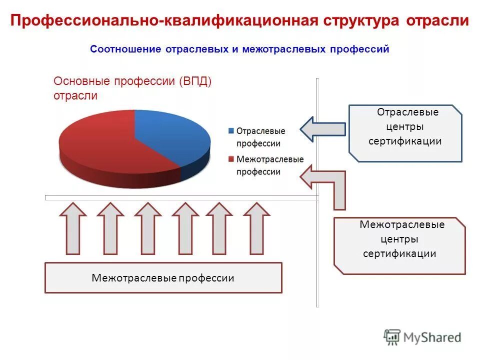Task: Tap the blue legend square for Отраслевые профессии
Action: click(x=230, y=131)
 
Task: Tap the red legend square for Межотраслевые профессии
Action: click(x=230, y=159)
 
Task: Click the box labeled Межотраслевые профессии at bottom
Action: click(x=163, y=277)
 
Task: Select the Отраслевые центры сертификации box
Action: click(x=405, y=133)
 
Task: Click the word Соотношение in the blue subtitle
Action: click(x=125, y=49)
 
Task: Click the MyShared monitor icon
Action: click(x=392, y=337)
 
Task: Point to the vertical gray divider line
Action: click(x=317, y=250)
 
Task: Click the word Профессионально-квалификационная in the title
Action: click(x=164, y=21)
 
